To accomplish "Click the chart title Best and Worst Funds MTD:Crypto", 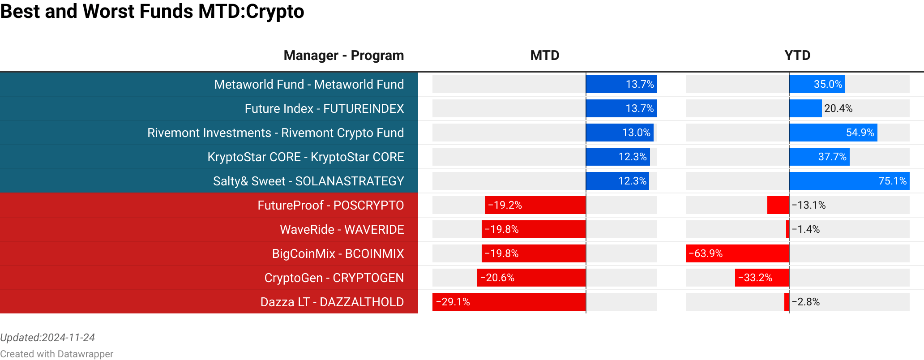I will pyautogui.click(x=152, y=11).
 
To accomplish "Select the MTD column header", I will pyautogui.click(x=544, y=55).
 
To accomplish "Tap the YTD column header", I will pyautogui.click(x=797, y=55).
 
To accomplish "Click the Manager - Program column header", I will pyautogui.click(x=343, y=55).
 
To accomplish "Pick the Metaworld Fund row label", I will pyautogui.click(x=309, y=84).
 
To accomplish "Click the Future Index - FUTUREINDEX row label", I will pyautogui.click(x=324, y=108).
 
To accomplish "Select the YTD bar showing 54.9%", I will pyautogui.click(x=833, y=133).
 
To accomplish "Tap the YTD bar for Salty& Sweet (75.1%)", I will pyautogui.click(x=849, y=181).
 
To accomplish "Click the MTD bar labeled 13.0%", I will pyautogui.click(x=620, y=133).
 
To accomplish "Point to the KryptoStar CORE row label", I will pyautogui.click(x=305, y=157).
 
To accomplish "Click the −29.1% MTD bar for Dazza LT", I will pyautogui.click(x=509, y=302).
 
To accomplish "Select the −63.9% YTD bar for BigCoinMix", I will pyautogui.click(x=737, y=253).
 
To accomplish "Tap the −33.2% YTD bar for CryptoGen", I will pyautogui.click(x=761, y=278).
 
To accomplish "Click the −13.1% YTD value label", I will pyautogui.click(x=808, y=205).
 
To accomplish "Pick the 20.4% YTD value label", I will pyautogui.click(x=838, y=108).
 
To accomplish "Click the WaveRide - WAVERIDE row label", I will pyautogui.click(x=342, y=229).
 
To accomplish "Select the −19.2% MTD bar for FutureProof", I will pyautogui.click(x=535, y=205).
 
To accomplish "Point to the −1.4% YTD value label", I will pyautogui.click(x=805, y=229).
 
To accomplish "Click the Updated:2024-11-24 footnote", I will pyautogui.click(x=47, y=338).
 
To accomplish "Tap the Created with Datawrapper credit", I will pyautogui.click(x=56, y=354).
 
